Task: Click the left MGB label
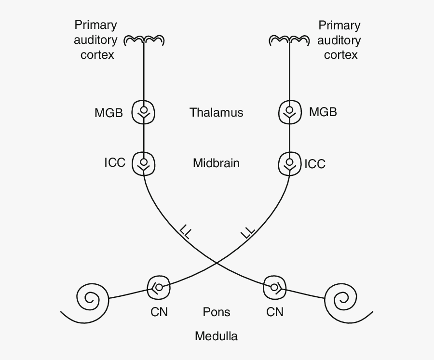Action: pyautogui.click(x=108, y=113)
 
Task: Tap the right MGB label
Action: pyautogui.click(x=323, y=112)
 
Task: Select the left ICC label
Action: pyautogui.click(x=115, y=162)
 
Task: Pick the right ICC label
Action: pyautogui.click(x=315, y=164)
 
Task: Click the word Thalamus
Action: pyautogui.click(x=216, y=112)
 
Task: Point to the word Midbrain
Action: pyautogui.click(x=216, y=163)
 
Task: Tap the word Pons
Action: pyautogui.click(x=217, y=312)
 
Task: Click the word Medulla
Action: pyautogui.click(x=216, y=336)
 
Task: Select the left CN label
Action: pyautogui.click(x=159, y=312)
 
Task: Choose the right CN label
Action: pyautogui.click(x=275, y=312)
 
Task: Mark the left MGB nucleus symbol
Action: pyautogui.click(x=144, y=113)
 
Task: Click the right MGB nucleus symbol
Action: pyautogui.click(x=290, y=113)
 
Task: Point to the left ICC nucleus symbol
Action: pyautogui.click(x=144, y=163)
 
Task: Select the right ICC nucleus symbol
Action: pyautogui.click(x=290, y=164)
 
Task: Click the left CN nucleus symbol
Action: pyautogui.click(x=159, y=288)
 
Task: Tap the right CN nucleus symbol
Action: pyautogui.click(x=275, y=288)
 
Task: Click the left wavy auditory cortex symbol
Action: pyautogui.click(x=144, y=40)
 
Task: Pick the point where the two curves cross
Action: pyautogui.click(x=217, y=263)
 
